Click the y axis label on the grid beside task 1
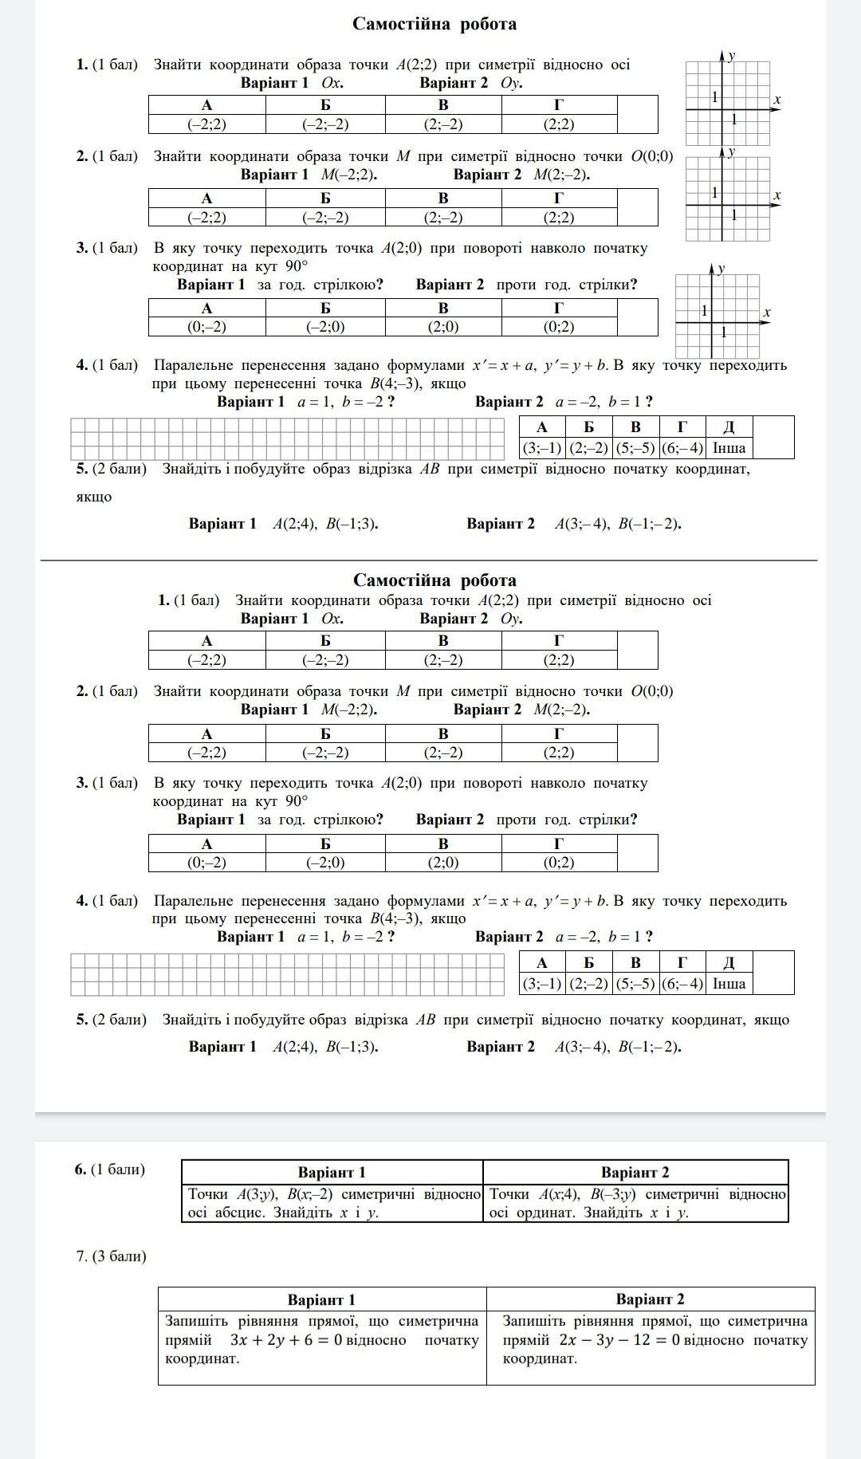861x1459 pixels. click(731, 55)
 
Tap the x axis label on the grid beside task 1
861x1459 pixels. click(776, 100)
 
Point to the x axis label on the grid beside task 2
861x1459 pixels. click(776, 195)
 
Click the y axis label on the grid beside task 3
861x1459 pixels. click(721, 269)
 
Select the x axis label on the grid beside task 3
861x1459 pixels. click(766, 313)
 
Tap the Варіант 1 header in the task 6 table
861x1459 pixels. click(332, 1172)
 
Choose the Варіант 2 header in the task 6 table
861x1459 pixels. click(635, 1172)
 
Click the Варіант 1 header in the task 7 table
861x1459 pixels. click(321, 1300)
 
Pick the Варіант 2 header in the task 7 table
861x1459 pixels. click(650, 1300)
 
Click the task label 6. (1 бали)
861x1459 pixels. click(110, 1170)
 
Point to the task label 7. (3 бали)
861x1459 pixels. click(111, 1256)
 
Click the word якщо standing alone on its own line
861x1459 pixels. click(94, 497)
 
